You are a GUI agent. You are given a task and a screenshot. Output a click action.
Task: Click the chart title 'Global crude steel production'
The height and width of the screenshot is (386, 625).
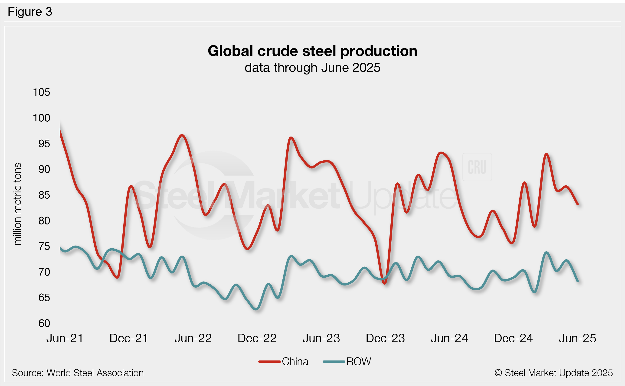click(x=312, y=51)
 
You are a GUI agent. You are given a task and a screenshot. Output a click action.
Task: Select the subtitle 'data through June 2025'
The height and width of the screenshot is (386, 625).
click(x=312, y=68)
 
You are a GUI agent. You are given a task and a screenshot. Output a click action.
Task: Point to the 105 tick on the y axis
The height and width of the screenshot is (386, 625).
click(x=41, y=92)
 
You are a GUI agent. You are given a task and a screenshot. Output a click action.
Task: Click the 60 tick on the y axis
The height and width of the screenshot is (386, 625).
click(x=44, y=324)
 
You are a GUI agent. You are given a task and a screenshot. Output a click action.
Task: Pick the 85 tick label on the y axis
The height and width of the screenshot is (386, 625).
click(x=44, y=195)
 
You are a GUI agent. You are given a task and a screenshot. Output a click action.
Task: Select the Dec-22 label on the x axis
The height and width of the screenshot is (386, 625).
click(x=257, y=338)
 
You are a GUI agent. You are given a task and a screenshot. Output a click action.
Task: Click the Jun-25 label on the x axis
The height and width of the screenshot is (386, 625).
click(x=577, y=338)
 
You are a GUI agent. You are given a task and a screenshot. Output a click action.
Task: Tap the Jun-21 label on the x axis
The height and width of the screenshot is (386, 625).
click(x=65, y=338)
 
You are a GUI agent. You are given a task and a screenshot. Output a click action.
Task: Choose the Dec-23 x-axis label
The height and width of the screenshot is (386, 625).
click(x=385, y=338)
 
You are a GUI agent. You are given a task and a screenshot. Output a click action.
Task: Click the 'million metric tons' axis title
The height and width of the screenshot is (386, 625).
click(x=17, y=204)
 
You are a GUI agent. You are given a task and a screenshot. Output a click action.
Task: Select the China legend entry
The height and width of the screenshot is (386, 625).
click(x=284, y=361)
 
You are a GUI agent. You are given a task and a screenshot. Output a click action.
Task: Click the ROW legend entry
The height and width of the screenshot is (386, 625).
click(x=347, y=361)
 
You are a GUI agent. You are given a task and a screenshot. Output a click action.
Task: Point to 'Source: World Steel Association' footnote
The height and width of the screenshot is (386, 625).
click(x=78, y=373)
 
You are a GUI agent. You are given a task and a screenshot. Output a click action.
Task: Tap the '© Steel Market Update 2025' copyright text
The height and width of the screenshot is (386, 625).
click(x=553, y=373)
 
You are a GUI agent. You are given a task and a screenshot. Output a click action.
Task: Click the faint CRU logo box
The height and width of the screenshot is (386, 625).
click(x=477, y=167)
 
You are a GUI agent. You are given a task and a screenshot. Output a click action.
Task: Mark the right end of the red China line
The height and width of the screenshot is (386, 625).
click(x=577, y=204)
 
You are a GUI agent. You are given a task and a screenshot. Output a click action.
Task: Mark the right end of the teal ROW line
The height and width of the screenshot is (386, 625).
click(x=577, y=281)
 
